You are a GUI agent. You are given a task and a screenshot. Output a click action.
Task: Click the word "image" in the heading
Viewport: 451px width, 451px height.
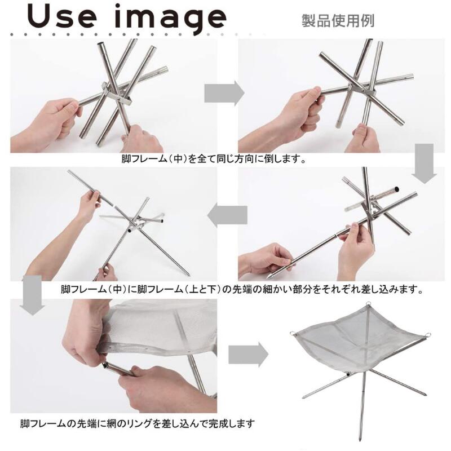click(170, 19)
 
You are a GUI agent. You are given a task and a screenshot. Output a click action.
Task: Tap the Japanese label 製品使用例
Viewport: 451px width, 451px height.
click(338, 21)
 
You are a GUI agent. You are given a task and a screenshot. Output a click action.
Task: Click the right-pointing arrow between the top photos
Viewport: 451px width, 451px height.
click(224, 93)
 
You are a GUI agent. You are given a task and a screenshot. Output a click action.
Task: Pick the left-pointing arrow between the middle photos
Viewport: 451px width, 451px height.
click(227, 215)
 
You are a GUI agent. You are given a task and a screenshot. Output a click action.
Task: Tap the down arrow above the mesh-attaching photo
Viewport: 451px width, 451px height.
click(32, 295)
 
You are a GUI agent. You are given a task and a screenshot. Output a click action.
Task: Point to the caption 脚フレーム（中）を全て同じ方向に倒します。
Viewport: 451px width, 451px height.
click(214, 159)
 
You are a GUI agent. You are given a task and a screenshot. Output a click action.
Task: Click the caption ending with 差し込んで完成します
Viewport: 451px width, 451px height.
click(138, 424)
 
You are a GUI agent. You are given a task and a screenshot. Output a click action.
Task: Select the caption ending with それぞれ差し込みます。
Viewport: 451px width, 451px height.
click(242, 289)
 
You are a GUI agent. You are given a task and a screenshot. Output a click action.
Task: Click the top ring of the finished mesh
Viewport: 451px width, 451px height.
click(369, 304)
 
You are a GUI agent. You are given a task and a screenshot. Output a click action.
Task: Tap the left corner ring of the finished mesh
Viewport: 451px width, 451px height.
click(293, 333)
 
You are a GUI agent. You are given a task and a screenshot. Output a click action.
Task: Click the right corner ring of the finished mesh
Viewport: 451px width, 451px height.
click(428, 335)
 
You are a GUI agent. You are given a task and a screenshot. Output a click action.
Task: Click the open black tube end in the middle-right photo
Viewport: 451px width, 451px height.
click(396, 189)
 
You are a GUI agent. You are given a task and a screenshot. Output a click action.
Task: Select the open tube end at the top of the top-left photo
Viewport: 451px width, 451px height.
click(101, 45)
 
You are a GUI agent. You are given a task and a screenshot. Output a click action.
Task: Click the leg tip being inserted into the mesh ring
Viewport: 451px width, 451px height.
click(105, 366)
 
